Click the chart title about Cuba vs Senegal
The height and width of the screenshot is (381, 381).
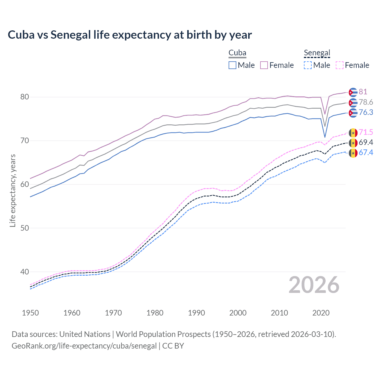[130, 35]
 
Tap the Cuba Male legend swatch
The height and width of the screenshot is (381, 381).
[232, 65]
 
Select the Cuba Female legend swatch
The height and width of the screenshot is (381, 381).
[264, 65]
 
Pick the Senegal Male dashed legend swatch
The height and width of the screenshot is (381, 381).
[308, 65]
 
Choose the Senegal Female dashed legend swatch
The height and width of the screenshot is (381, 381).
[340, 65]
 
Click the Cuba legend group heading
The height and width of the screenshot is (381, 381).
[237, 53]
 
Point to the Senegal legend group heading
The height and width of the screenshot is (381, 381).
[317, 53]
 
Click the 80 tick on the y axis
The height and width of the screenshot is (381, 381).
[25, 97]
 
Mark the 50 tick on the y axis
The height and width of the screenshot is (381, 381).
[25, 228]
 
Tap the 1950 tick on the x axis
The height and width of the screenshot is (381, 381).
[30, 313]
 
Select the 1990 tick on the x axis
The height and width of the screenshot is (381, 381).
[196, 313]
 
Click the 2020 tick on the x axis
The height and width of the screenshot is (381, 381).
[321, 313]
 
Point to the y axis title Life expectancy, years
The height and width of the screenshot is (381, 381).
[13, 190]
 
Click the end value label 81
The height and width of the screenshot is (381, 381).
[363, 92]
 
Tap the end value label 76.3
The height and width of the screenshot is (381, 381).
[366, 113]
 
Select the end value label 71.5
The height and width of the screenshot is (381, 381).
[366, 132]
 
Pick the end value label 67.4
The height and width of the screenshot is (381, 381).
[366, 153]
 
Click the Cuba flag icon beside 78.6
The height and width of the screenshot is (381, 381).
[353, 103]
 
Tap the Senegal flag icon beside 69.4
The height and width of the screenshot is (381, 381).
[353, 143]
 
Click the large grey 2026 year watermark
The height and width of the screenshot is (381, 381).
[314, 285]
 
